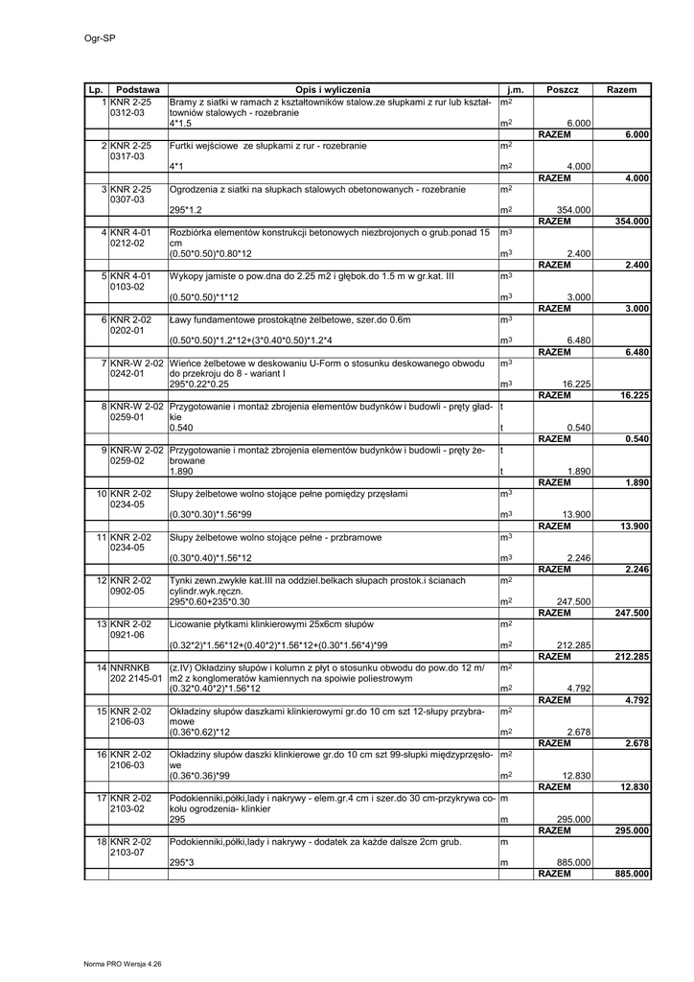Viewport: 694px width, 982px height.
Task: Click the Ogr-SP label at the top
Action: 87,38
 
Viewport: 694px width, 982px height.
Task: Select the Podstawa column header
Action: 137,89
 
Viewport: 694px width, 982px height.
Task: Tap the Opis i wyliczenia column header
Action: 333,89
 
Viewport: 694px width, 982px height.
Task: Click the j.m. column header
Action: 516,89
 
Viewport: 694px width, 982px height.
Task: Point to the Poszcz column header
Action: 563,89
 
